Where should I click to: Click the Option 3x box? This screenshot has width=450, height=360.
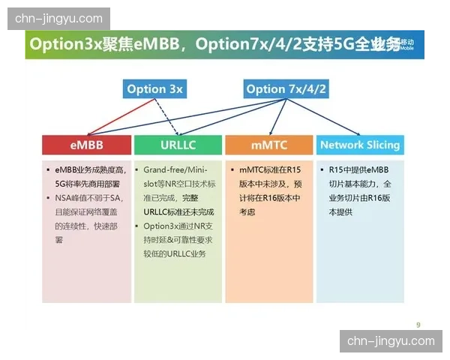coord(154,89)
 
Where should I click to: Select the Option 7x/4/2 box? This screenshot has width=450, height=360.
coord(286,89)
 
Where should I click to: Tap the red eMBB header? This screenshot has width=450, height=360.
coord(87,145)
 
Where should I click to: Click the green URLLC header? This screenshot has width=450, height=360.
coord(178,145)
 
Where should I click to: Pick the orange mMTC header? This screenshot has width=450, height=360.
coord(268,145)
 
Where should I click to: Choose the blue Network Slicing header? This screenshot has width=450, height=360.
coord(360,145)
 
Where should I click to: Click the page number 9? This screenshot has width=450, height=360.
coord(418,324)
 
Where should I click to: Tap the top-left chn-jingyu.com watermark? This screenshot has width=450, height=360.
coord(59,18)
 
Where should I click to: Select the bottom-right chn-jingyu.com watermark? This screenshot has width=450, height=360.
coord(391,341)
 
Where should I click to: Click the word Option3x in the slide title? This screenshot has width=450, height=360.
coord(59,44)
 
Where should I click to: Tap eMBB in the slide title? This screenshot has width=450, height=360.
coord(156,44)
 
